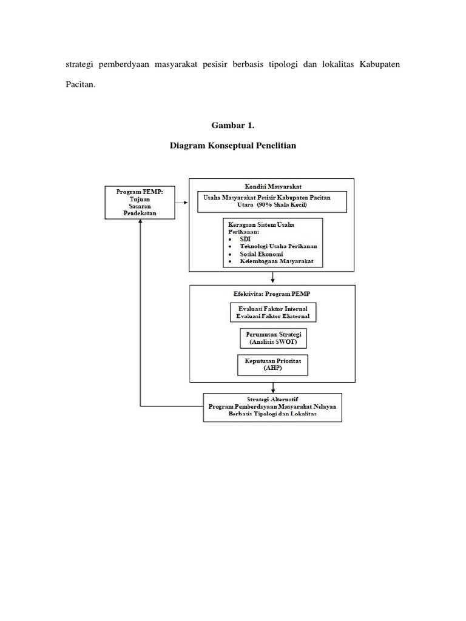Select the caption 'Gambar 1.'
pos(234,126)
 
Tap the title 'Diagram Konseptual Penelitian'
pos(234,146)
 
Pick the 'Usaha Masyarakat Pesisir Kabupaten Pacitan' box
pos(272,202)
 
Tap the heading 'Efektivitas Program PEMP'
pos(272,294)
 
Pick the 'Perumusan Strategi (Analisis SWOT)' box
pos(273,338)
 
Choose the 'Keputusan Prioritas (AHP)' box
pos(273,364)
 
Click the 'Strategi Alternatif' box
pos(272,406)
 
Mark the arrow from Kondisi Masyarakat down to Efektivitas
pos(272,277)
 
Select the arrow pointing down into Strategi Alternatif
pos(272,388)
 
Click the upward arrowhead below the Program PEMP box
pos(141,223)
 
